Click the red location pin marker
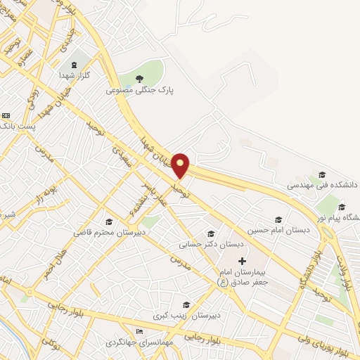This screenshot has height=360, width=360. point(181,165)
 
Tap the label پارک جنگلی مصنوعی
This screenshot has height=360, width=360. point(140,90)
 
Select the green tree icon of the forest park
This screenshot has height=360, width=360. point(139,78)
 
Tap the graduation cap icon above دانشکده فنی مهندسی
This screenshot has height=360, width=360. point(322,174)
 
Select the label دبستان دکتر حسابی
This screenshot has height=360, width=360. point(211,245)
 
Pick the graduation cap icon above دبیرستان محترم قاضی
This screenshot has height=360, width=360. point(109,221)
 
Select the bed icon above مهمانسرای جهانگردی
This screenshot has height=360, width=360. point(139,331)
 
